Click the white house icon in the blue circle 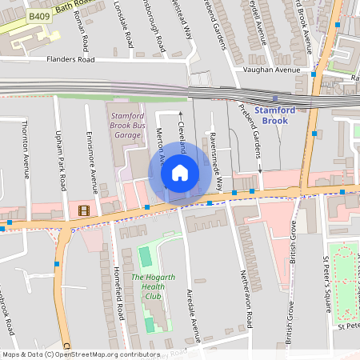(x=180, y=172)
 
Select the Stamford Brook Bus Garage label (x=128, y=125)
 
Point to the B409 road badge (x=38, y=15)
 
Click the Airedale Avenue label (x=190, y=306)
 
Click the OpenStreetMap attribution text (x=80, y=354)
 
